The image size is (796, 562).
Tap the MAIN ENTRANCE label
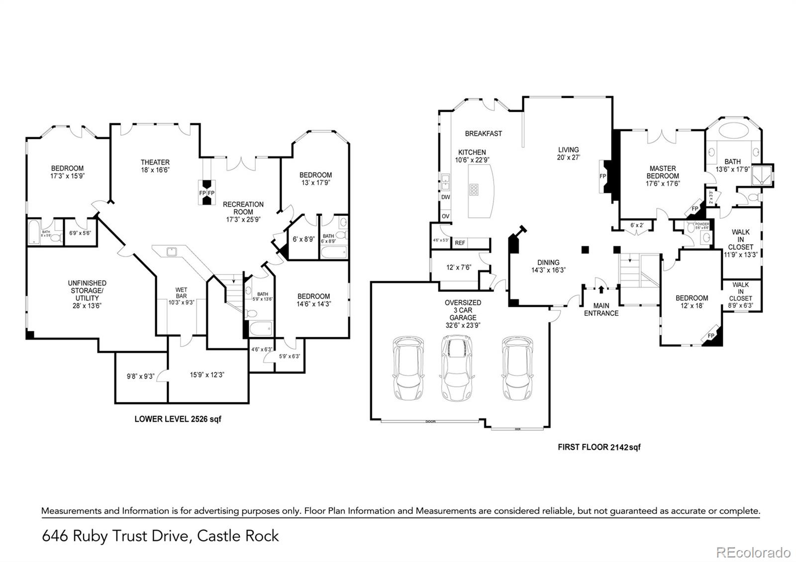pos(601,309)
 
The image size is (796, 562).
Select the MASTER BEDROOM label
pos(663,172)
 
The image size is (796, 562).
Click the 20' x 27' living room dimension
pos(569,157)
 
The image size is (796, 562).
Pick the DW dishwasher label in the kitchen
pos(445,197)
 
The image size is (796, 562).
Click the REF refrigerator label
pos(460,243)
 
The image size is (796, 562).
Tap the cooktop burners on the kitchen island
pos(474,189)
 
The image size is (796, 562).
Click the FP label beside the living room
pos(603,176)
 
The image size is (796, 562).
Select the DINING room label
pos(548,263)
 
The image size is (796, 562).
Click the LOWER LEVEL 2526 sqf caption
pos(178,419)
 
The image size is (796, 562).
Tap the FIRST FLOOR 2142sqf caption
pos(599,447)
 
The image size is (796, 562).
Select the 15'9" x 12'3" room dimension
pos(207,375)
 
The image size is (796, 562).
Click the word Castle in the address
pos(217,536)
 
